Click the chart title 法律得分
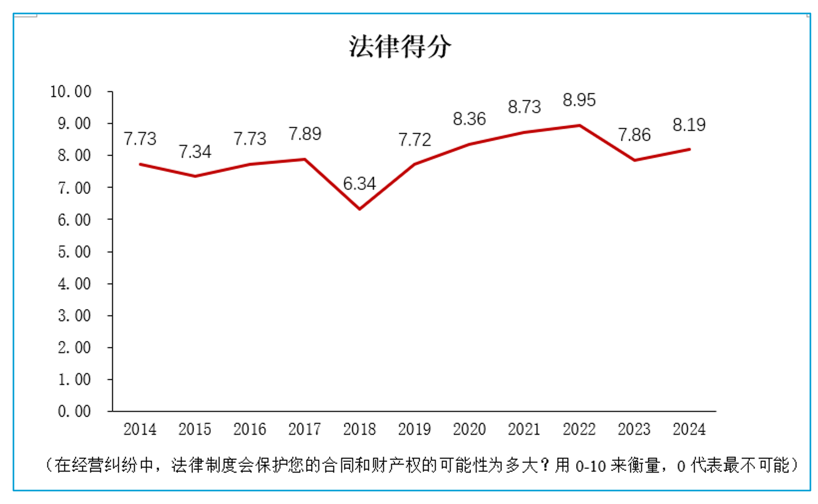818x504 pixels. tap(400, 46)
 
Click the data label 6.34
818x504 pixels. tap(359, 184)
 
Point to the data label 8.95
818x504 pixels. tap(579, 100)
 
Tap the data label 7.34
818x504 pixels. tap(195, 152)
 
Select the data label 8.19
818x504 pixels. tap(689, 125)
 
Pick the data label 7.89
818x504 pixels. tap(305, 134)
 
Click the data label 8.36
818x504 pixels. tap(469, 119)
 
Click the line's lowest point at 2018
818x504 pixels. tap(360, 209)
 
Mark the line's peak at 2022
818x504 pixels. tap(579, 125)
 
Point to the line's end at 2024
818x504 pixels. tap(690, 149)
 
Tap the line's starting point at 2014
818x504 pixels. tap(140, 164)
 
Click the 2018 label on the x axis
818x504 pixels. tap(359, 429)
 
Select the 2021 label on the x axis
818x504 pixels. tap(524, 429)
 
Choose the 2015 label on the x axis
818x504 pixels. tap(195, 429)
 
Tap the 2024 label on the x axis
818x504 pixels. tap(689, 429)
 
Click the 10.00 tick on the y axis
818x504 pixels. tap(71, 92)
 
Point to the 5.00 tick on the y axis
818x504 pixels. tap(75, 251)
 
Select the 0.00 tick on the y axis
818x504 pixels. tap(75, 411)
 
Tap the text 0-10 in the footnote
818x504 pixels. tap(591, 466)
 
